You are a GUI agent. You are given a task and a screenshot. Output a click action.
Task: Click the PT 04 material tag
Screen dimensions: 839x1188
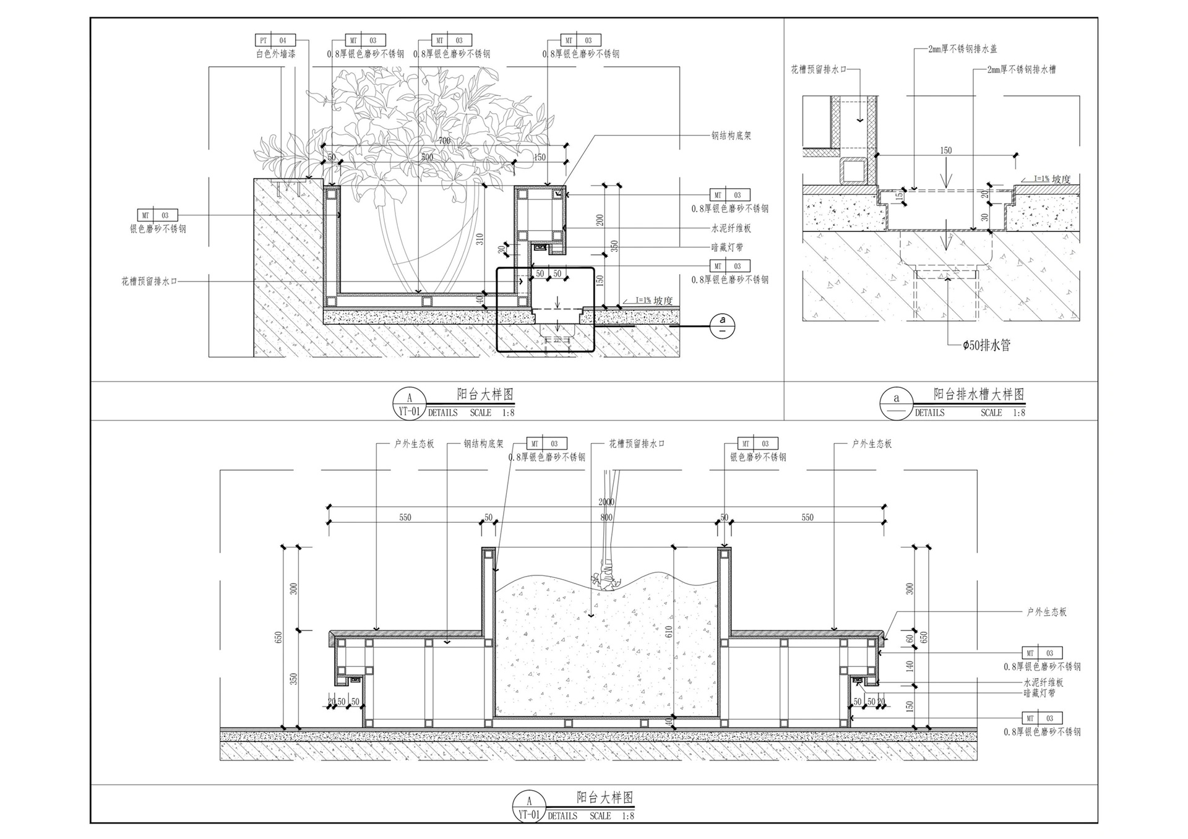(x=275, y=41)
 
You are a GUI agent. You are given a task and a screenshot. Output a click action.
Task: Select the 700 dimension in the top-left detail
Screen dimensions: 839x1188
(x=444, y=140)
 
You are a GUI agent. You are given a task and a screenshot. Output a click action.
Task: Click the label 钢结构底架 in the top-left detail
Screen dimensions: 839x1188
(x=731, y=136)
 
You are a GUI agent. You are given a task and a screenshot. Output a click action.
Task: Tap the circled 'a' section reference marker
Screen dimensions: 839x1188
(x=722, y=325)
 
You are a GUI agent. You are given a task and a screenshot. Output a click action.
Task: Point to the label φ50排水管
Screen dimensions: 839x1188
(x=986, y=345)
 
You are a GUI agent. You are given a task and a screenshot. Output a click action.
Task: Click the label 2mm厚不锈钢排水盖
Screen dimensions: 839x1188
(x=962, y=49)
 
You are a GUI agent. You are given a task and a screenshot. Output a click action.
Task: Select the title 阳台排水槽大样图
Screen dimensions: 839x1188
(x=979, y=394)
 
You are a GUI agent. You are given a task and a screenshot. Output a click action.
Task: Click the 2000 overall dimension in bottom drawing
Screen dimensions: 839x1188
(x=606, y=502)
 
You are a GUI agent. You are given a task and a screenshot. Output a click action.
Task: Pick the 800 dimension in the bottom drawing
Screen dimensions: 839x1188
(x=606, y=517)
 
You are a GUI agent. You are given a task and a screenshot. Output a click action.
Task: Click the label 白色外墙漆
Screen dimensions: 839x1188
(x=276, y=54)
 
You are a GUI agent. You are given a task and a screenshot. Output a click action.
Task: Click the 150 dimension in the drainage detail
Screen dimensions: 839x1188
(x=945, y=150)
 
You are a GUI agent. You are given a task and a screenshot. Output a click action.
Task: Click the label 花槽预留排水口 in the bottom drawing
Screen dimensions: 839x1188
(x=637, y=444)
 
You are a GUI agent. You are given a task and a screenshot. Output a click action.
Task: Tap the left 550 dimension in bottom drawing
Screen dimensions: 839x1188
(x=405, y=517)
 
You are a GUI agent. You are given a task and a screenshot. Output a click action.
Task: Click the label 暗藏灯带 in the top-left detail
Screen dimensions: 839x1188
(x=727, y=247)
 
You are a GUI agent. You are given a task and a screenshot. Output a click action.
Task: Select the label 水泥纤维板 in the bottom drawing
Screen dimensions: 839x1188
(x=1043, y=682)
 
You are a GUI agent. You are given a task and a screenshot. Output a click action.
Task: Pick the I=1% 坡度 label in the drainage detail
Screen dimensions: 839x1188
(x=1052, y=179)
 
